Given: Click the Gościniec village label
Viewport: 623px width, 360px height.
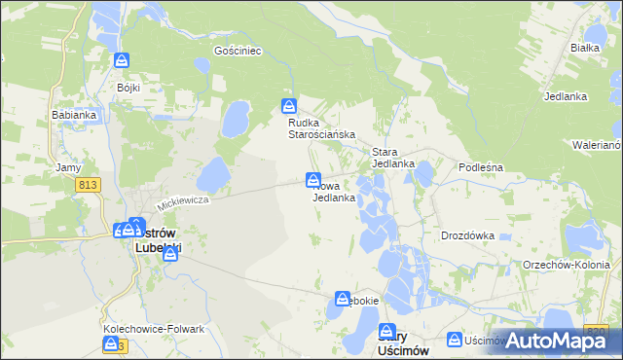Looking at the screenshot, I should click(x=238, y=51).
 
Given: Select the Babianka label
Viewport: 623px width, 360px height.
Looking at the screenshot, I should click(x=73, y=114).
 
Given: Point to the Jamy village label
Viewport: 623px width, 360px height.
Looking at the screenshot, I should click(x=68, y=167).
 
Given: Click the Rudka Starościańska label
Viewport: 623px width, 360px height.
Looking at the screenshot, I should click(x=320, y=128).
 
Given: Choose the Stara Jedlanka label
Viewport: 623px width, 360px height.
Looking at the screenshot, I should click(x=393, y=158).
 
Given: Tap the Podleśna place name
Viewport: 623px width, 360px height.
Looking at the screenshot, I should click(x=480, y=167).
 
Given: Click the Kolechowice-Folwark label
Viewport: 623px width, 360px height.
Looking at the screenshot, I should click(x=154, y=329).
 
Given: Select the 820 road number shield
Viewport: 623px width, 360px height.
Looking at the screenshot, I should click(x=597, y=332).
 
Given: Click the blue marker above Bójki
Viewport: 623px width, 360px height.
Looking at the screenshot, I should click(x=122, y=61).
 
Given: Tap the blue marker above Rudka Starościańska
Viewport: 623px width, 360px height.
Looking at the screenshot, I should click(x=289, y=106).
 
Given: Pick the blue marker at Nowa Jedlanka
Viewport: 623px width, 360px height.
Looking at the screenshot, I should click(x=313, y=179).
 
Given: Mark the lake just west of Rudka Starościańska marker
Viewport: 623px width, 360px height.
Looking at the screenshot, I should click(x=236, y=120).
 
